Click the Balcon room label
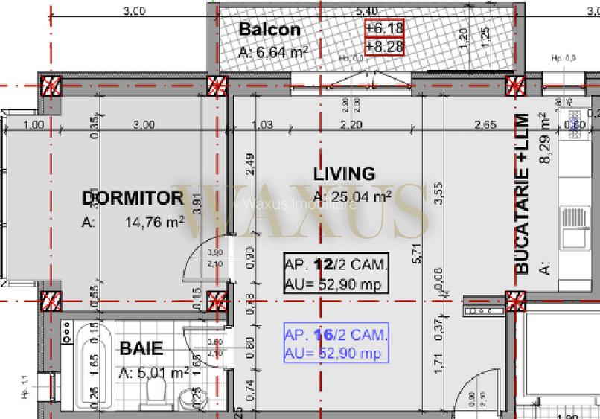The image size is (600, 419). tap(269, 30)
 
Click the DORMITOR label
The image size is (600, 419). tap(133, 198)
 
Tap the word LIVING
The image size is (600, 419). tap(344, 174)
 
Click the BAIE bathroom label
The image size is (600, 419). tap(141, 348)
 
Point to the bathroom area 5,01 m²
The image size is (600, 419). tap(153, 372)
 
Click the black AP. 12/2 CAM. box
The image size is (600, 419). tap(335, 273)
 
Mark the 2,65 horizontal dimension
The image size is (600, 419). tap(484, 124)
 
